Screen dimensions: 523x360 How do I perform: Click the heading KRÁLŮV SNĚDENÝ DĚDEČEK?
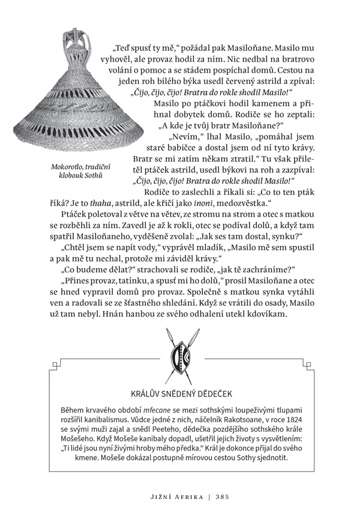tap(181, 393)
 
